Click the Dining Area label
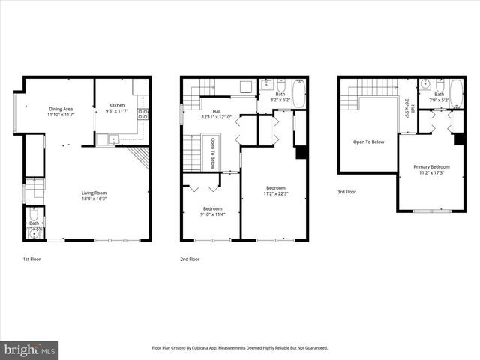click(x=61, y=109)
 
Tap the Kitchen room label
click(x=118, y=105)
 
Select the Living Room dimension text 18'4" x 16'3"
click(x=94, y=199)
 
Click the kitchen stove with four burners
click(x=144, y=114)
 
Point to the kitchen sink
click(x=112, y=138)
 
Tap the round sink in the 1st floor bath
click(x=31, y=233)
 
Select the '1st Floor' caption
click(x=32, y=259)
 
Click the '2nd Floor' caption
click(x=190, y=259)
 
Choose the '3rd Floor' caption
click(x=347, y=193)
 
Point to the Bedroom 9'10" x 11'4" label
click(x=212, y=211)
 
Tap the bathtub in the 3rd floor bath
click(x=456, y=94)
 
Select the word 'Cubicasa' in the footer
click(x=219, y=348)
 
